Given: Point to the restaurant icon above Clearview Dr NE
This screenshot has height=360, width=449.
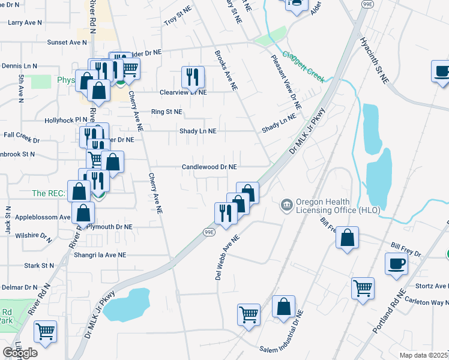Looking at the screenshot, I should click(193, 77).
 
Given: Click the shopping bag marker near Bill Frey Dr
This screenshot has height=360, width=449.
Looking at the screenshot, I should click(348, 238).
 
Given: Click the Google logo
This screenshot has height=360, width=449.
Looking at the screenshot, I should click(20, 353).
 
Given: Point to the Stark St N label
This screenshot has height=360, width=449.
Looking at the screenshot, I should click(40, 265).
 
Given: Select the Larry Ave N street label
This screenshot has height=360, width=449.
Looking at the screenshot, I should click(25, 22).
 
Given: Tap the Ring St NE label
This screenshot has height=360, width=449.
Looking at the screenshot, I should click(167, 112).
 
